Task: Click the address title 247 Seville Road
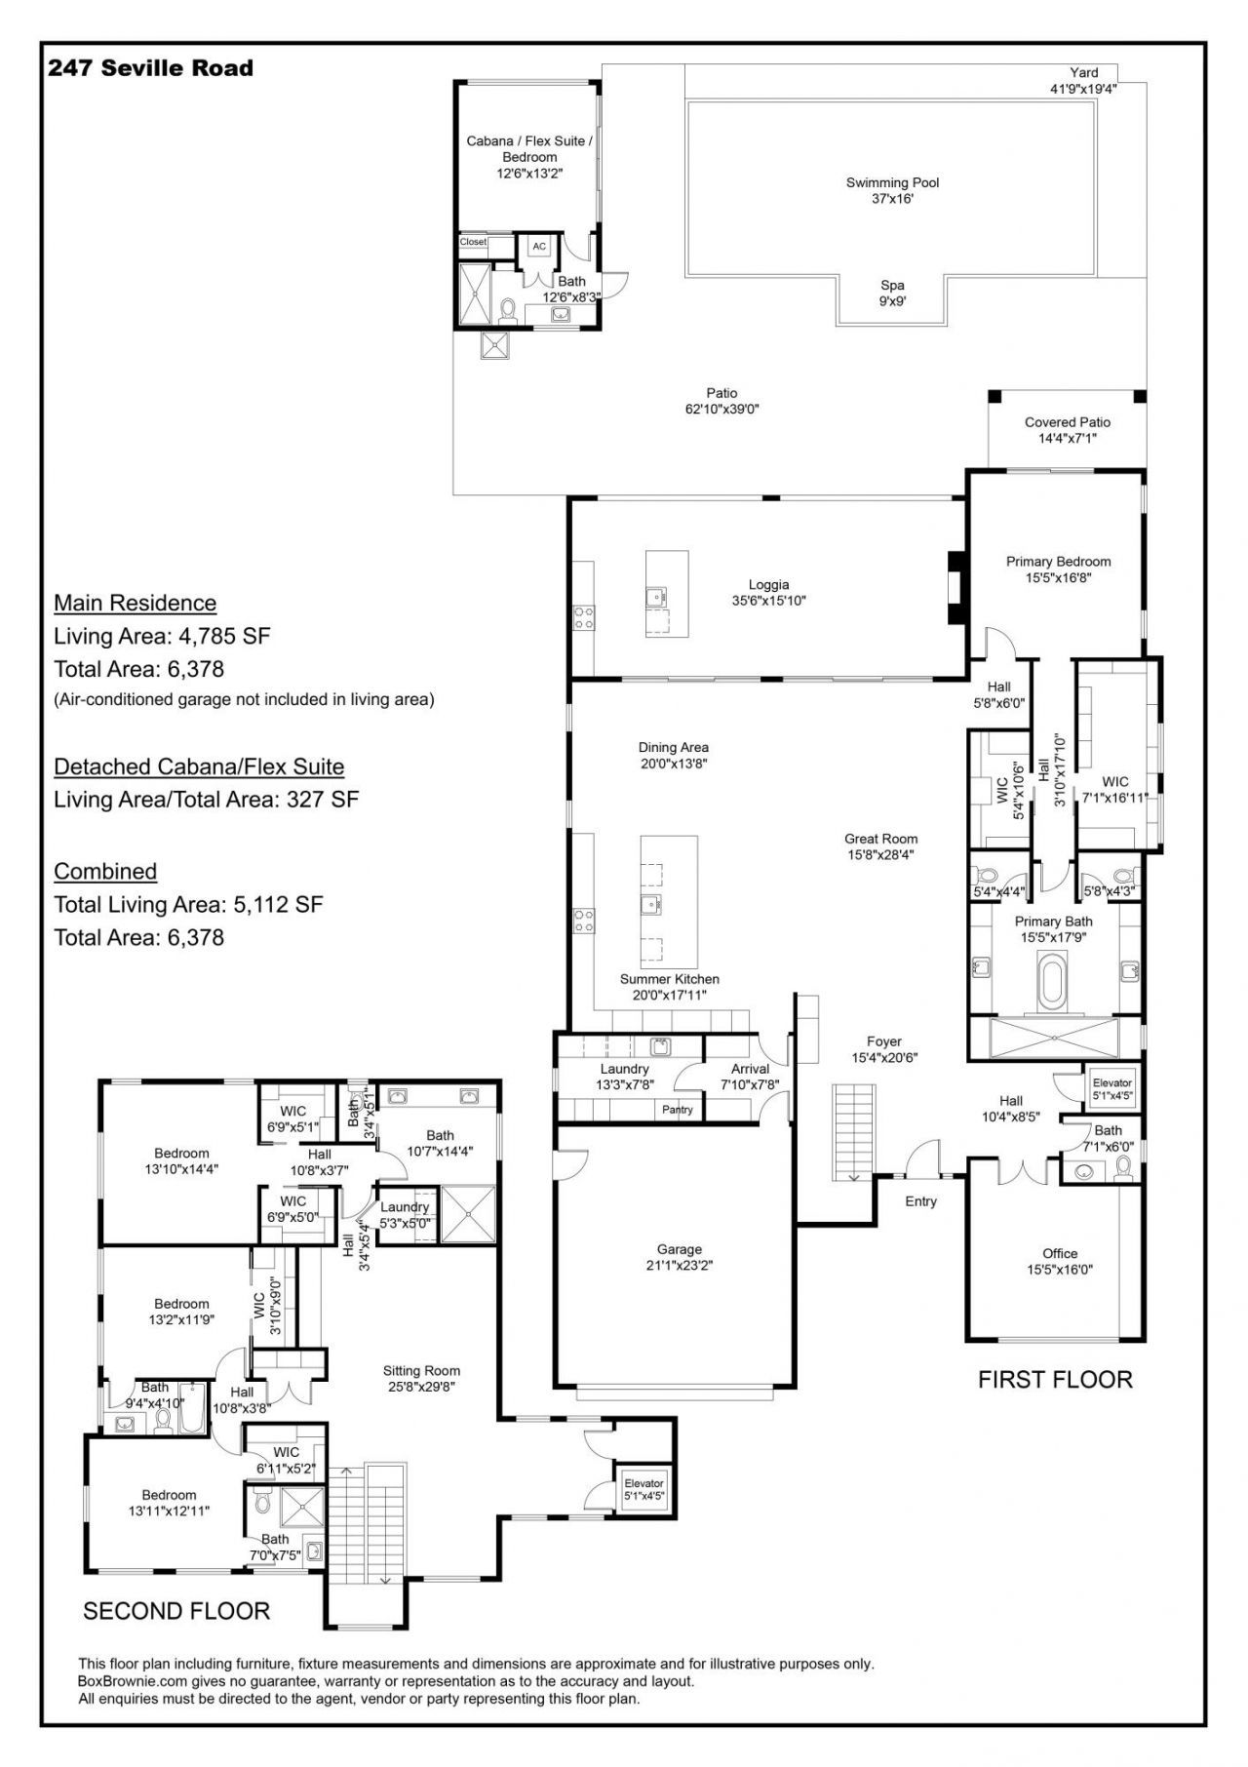click(151, 68)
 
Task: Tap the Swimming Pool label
click(892, 182)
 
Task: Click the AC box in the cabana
click(539, 247)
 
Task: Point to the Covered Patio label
click(1067, 422)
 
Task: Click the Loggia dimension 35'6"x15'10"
click(769, 601)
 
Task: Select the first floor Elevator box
click(1111, 1088)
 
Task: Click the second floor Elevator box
click(643, 1489)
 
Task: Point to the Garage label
click(679, 1249)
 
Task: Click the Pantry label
click(677, 1110)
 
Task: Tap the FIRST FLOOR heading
click(1055, 1380)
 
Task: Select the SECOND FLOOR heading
click(176, 1611)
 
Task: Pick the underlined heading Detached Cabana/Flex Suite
click(199, 766)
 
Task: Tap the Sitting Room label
click(421, 1370)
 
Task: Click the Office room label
click(1060, 1253)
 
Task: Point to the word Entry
click(920, 1201)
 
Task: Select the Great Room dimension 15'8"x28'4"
click(880, 855)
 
